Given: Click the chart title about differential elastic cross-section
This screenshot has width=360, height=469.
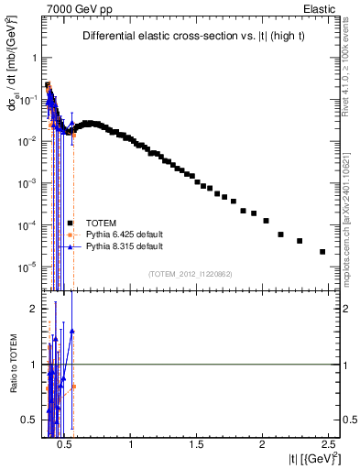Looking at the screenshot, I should point(188,36).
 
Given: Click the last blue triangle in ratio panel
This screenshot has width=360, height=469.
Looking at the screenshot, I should point(72,331).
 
